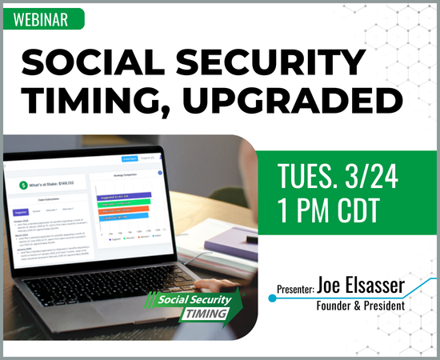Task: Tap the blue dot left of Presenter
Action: point(270,298)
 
